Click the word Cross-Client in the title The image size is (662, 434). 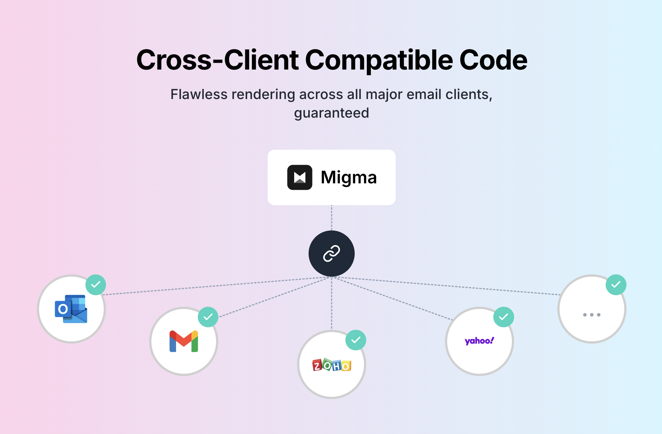(217, 60)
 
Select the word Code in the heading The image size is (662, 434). (493, 60)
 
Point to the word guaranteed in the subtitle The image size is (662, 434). (331, 113)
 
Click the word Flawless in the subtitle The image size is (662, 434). (198, 95)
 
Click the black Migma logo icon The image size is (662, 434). (300, 177)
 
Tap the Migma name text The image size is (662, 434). (349, 177)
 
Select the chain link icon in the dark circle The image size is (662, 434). (331, 254)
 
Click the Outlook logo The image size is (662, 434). (71, 309)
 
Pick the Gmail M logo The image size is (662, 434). (184, 341)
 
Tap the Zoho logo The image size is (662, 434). (332, 365)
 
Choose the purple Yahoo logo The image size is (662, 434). (479, 341)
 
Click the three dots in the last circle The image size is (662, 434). (592, 315)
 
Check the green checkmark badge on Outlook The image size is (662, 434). (96, 285)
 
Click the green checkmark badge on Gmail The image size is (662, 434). (208, 317)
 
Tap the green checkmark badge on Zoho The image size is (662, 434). (356, 340)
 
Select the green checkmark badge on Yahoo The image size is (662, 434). (504, 317)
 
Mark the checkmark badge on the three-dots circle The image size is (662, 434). (616, 285)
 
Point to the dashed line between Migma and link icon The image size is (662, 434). (331, 218)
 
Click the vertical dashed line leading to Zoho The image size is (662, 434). (331, 305)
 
